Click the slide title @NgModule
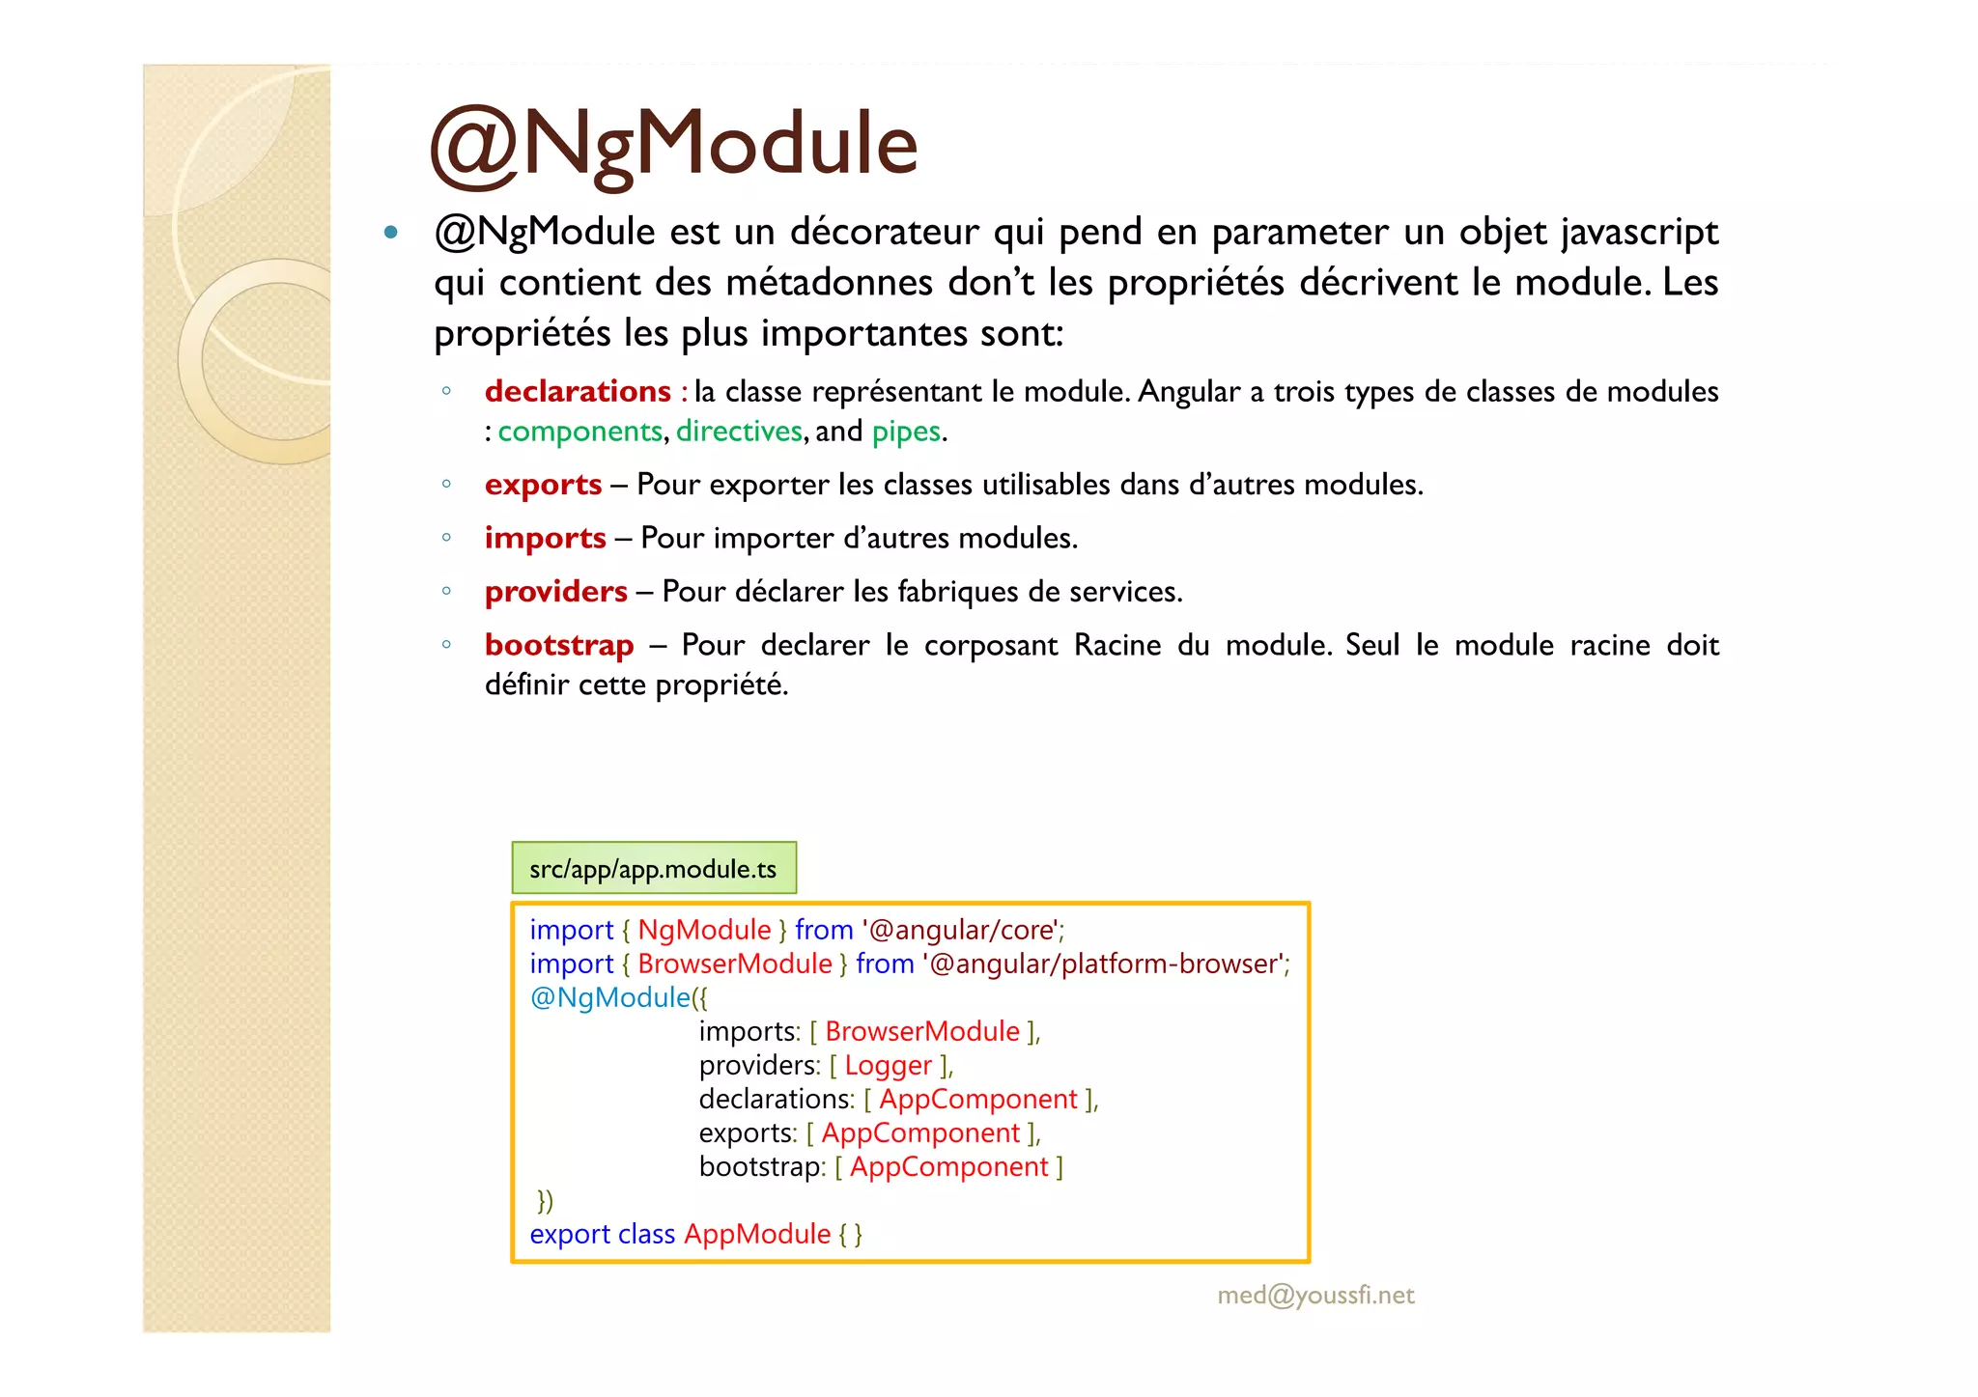point(673,145)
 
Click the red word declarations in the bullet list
point(578,391)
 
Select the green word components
point(579,432)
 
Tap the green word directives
point(739,432)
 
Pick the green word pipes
point(906,432)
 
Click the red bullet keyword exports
point(543,485)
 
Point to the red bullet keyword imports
point(545,538)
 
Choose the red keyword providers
point(555,592)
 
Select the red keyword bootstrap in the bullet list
point(559,645)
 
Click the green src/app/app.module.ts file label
point(654,869)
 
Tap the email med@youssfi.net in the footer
point(1315,1296)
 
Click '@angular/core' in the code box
point(961,930)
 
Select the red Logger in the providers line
point(889,1065)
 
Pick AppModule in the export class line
point(757,1234)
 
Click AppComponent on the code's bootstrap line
point(948,1166)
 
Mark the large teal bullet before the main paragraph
point(391,232)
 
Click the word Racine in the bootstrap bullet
point(1117,645)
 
